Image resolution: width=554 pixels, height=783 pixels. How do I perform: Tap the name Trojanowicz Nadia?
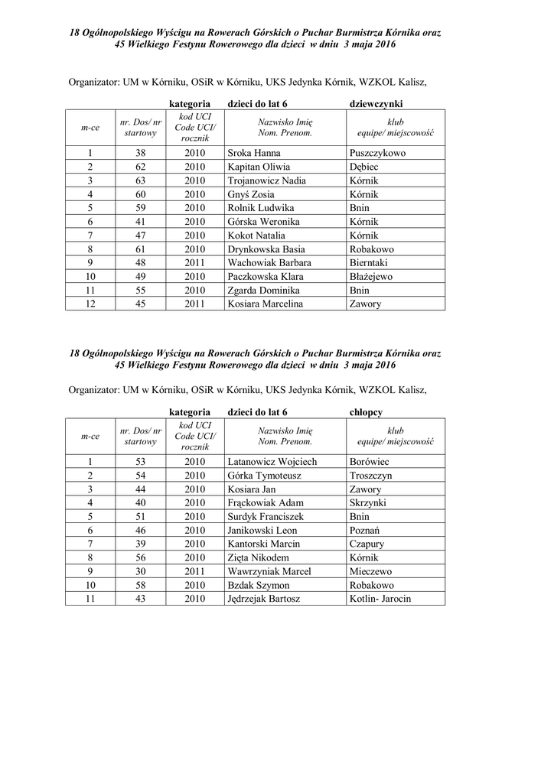[266, 180]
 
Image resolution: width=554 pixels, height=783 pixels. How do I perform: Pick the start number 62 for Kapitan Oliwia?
[140, 167]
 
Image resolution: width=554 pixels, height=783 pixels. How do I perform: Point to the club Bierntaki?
[370, 263]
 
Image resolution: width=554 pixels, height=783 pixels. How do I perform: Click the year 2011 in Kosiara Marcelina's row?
[195, 304]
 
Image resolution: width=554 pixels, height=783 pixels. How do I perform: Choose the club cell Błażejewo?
[371, 277]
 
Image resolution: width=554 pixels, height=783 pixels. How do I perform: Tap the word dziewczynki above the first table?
[376, 102]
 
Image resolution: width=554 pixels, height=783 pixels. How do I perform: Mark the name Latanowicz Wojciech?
[272, 462]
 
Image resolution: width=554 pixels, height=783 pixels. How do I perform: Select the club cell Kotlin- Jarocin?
[380, 599]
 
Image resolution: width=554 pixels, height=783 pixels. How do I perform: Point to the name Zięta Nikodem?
[259, 557]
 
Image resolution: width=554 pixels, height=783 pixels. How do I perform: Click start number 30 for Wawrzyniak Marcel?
[140, 571]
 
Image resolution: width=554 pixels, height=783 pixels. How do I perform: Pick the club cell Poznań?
[365, 530]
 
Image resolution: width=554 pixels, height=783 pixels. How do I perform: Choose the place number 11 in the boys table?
[90, 599]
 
